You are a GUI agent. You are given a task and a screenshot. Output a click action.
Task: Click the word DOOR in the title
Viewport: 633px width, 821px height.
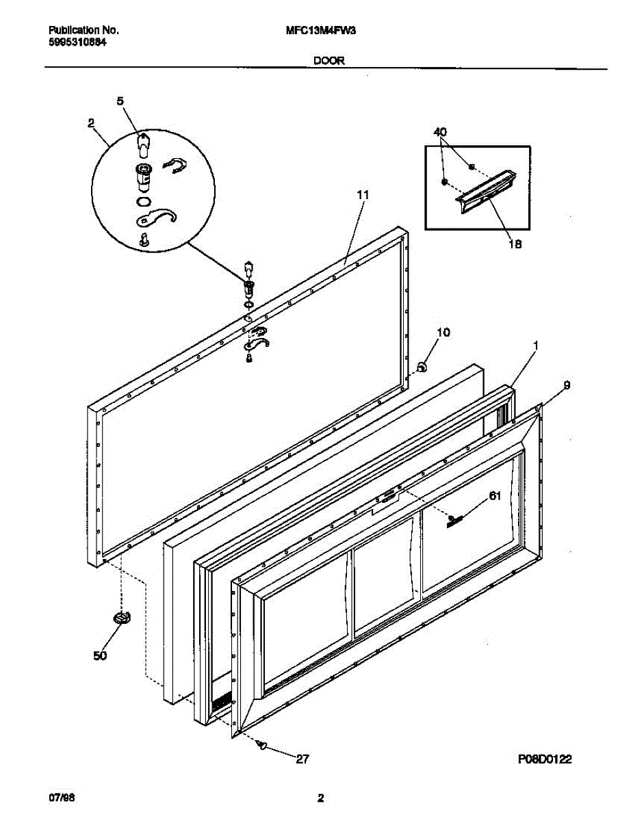click(x=328, y=60)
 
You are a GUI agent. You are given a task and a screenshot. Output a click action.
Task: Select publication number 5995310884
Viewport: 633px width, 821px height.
click(x=77, y=42)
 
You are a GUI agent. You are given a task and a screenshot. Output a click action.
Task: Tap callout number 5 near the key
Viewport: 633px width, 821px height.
click(x=120, y=101)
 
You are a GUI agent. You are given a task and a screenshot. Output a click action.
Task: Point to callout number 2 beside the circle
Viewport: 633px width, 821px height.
click(x=91, y=123)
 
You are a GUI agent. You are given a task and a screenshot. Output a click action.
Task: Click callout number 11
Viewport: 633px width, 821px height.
click(x=363, y=195)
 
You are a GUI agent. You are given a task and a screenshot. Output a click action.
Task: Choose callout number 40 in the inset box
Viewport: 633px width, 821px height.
click(x=440, y=132)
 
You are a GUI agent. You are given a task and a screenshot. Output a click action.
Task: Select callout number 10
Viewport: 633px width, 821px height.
click(x=443, y=333)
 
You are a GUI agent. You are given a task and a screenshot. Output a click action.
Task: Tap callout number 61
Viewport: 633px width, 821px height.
click(x=495, y=497)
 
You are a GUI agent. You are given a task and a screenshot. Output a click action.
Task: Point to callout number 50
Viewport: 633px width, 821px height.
click(x=100, y=656)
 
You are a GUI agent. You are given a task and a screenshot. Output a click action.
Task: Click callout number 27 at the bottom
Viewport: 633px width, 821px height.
click(x=303, y=758)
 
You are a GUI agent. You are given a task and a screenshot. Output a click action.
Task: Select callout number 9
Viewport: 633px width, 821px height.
click(x=567, y=386)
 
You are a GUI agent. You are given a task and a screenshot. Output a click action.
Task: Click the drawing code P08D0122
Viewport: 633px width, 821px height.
click(x=544, y=759)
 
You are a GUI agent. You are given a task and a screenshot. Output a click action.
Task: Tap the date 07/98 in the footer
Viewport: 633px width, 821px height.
click(x=60, y=798)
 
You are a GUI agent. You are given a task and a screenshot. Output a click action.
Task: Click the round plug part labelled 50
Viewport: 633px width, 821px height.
click(x=122, y=618)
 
